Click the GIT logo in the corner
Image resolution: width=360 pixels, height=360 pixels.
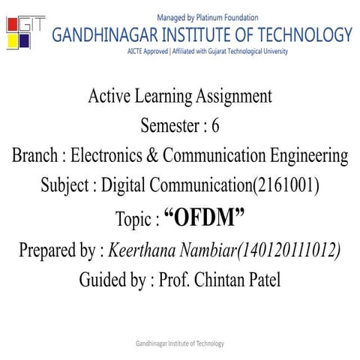tap(25, 32)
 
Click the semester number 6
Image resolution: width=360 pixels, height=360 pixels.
tap(215, 127)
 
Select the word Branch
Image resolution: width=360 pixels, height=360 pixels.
tap(35, 157)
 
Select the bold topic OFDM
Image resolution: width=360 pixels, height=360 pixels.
tap(205, 218)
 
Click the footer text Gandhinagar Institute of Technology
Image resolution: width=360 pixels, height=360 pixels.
tap(180, 343)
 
